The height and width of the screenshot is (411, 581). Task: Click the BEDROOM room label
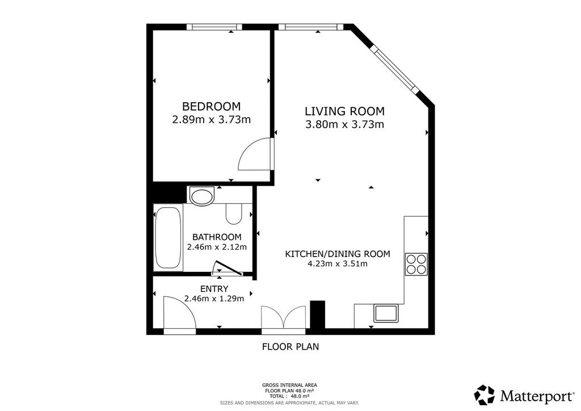[211, 106]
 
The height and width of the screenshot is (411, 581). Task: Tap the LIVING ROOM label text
[344, 111]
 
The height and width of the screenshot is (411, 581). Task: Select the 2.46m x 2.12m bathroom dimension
[217, 247]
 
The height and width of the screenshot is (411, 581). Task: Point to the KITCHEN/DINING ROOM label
[338, 254]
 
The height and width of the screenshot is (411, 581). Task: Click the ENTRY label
[214, 289]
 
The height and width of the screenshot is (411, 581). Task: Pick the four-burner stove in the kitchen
[416, 264]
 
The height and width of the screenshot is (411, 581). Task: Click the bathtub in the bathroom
[168, 237]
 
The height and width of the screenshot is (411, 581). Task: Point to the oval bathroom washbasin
[201, 196]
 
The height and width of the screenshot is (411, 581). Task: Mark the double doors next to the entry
[284, 317]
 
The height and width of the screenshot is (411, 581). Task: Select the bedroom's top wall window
[214, 27]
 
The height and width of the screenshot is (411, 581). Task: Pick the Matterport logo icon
[485, 395]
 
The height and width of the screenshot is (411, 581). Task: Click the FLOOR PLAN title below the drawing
[290, 347]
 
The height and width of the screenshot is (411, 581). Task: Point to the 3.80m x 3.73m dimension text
[344, 124]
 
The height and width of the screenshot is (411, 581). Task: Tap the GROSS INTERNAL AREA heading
[289, 385]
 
